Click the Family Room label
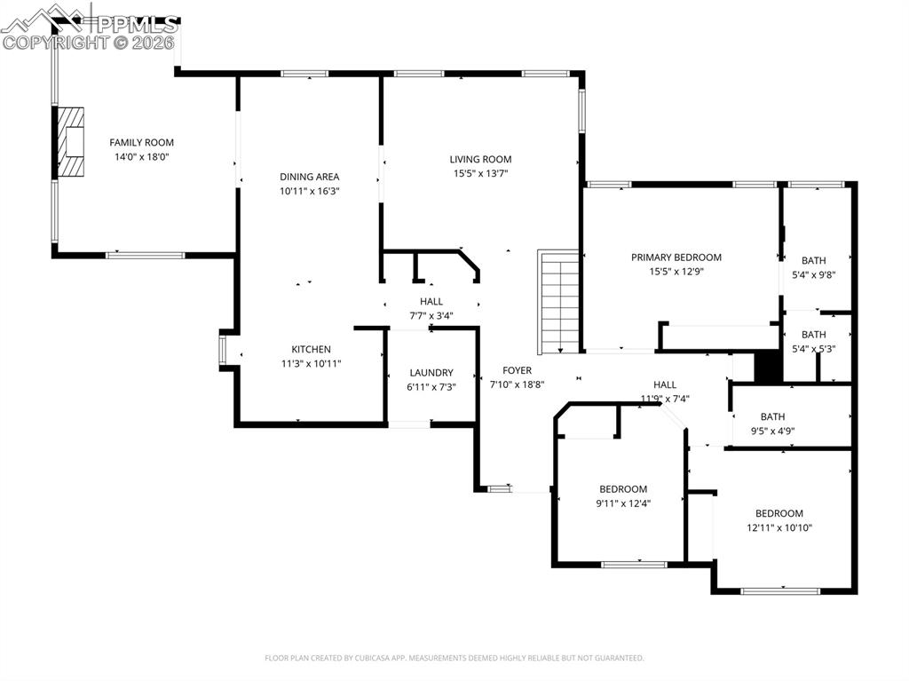point(141,142)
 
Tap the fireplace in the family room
point(71,142)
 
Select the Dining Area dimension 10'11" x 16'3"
point(309,191)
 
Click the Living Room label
point(480,159)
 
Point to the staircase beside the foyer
point(559,302)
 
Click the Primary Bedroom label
point(676,257)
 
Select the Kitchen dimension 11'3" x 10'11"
point(311,363)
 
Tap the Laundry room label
point(431,373)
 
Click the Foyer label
point(517,370)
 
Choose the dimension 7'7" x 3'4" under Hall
point(431,316)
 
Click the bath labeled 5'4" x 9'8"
point(813,260)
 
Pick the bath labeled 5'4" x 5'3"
point(813,335)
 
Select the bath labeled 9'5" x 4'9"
point(772,416)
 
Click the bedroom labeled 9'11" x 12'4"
point(622,489)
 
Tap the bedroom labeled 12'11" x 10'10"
point(779,513)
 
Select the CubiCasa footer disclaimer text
point(454,658)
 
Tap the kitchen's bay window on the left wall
point(224,349)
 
